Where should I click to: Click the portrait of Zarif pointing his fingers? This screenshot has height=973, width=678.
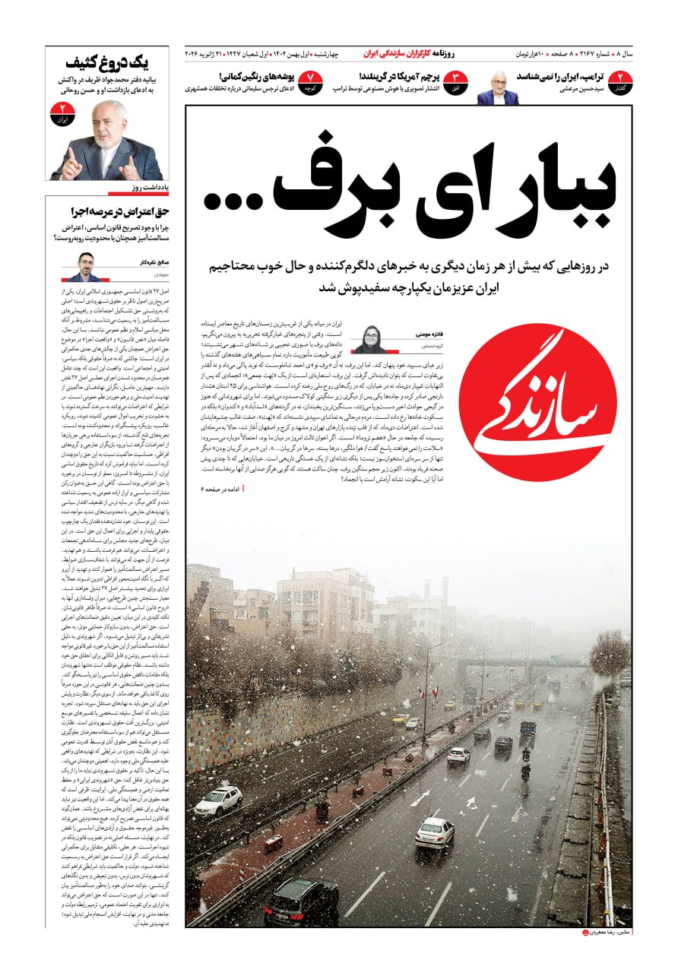tap(106, 141)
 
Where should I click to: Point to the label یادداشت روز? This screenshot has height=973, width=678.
tap(149, 186)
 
